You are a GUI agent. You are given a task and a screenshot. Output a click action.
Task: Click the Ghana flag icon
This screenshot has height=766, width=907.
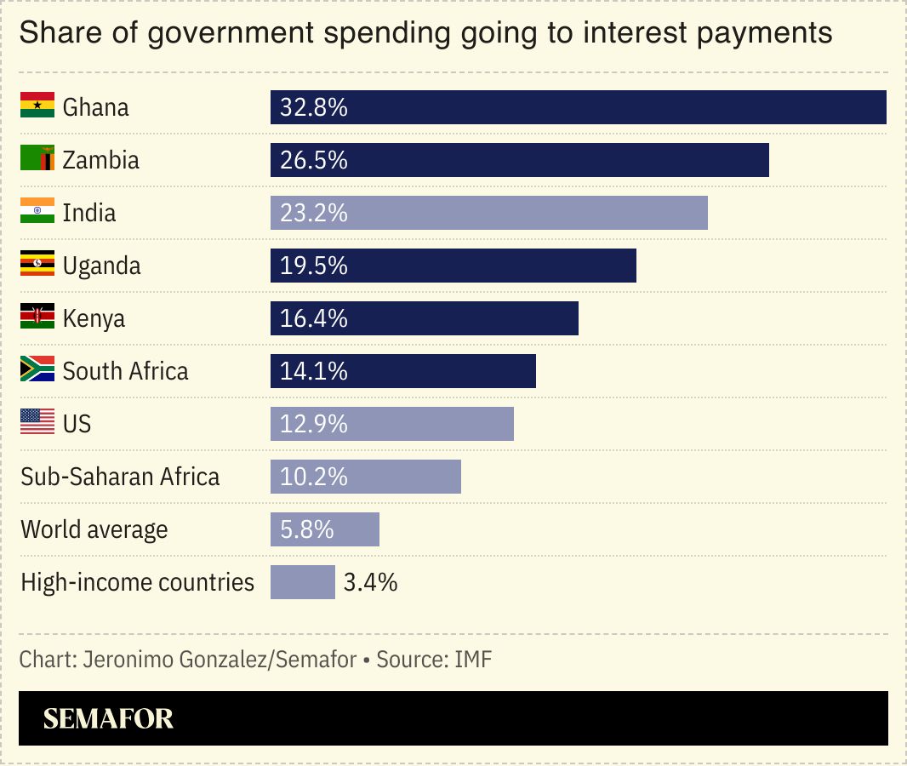(37, 106)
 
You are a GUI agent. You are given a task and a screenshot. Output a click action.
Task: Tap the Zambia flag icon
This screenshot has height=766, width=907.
(37, 159)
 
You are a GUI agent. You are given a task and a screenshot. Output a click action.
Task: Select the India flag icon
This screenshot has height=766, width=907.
(37, 212)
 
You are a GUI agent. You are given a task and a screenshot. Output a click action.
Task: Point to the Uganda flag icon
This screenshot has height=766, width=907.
(37, 265)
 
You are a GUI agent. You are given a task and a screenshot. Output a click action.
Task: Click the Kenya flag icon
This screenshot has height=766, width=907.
(37, 317)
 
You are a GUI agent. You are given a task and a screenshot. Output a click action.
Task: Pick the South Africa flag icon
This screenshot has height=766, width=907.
(37, 370)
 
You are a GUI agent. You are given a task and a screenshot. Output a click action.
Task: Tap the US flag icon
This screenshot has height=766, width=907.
(37, 423)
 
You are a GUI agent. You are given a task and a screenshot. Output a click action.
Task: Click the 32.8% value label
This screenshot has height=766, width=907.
(314, 107)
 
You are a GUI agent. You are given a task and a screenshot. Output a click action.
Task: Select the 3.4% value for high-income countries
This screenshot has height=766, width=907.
(371, 583)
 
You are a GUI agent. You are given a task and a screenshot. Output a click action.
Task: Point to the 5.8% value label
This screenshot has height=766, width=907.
(307, 530)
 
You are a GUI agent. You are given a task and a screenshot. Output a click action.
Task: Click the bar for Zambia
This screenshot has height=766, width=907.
(519, 160)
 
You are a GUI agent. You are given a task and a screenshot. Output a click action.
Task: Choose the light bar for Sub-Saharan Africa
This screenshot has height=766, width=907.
(366, 477)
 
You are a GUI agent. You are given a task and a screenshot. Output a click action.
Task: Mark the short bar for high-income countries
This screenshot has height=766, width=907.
(303, 582)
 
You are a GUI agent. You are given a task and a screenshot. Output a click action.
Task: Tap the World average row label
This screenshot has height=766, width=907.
(94, 529)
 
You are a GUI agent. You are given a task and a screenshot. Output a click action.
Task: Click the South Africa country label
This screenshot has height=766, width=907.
(125, 371)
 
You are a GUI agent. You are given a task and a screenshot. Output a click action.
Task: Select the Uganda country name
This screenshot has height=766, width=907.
(101, 266)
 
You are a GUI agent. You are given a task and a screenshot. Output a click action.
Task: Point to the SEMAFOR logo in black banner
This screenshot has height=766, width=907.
(108, 718)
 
